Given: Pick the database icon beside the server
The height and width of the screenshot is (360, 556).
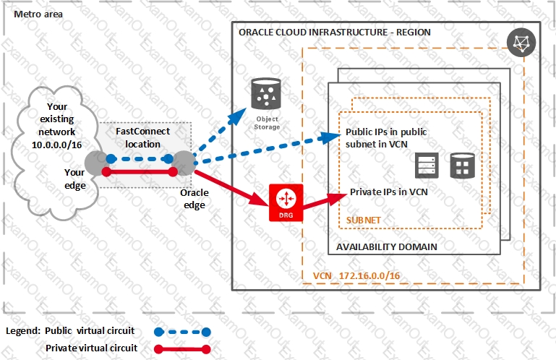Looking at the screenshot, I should click(x=461, y=167).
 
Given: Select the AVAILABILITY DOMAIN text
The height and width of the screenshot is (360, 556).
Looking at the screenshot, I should click(x=386, y=247).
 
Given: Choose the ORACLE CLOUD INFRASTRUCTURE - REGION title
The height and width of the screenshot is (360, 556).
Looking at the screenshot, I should click(x=334, y=33).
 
